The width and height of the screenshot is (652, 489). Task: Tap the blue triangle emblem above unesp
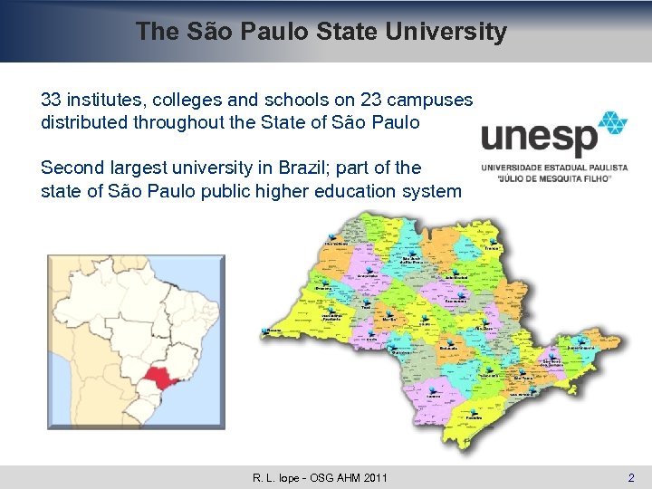coord(613,124)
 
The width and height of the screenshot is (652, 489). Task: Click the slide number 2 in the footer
coord(631,477)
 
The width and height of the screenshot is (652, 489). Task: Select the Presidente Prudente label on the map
coord(331,317)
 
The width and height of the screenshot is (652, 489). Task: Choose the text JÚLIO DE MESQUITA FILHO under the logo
coord(553,178)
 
